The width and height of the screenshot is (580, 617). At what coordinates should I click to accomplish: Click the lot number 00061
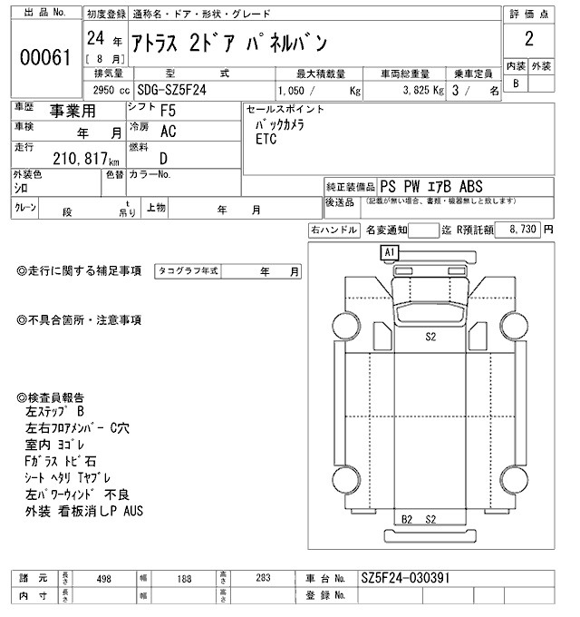coord(45,58)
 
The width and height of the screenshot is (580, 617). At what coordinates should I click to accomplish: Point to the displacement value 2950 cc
coord(111,91)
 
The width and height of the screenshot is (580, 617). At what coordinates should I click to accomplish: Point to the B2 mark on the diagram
coord(408,519)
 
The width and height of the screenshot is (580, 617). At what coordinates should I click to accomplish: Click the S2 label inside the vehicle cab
coord(431,336)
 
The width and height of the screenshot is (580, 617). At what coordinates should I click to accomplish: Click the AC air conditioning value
coord(168,131)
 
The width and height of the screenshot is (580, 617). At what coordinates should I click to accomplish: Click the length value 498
coord(103,578)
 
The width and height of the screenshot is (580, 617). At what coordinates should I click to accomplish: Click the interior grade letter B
coord(516,83)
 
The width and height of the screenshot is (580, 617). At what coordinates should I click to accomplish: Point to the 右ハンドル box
coord(333,230)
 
